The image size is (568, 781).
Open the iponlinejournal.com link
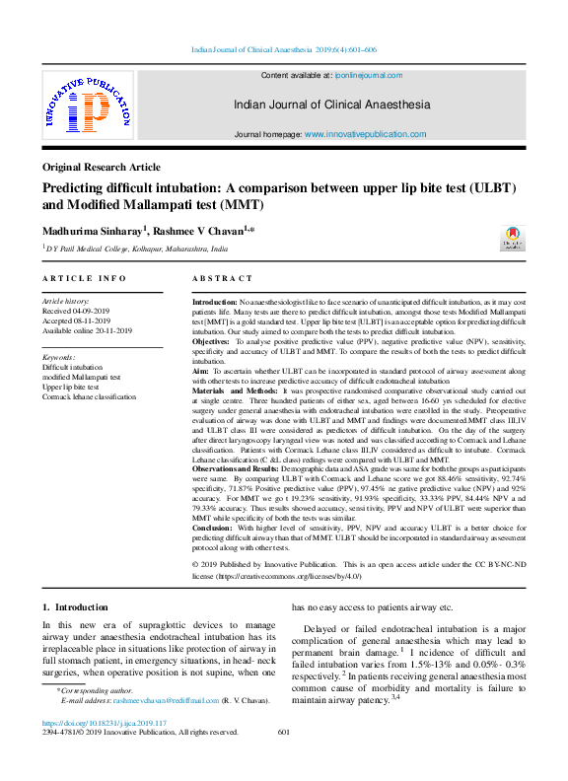click(370, 75)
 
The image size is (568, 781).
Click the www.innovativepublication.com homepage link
click(365, 134)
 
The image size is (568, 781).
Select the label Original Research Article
click(101, 168)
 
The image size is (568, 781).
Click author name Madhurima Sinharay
click(93, 230)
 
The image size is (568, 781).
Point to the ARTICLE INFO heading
click(85, 279)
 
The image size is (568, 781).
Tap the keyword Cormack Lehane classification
click(90, 396)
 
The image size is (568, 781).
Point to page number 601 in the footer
click(284, 732)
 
